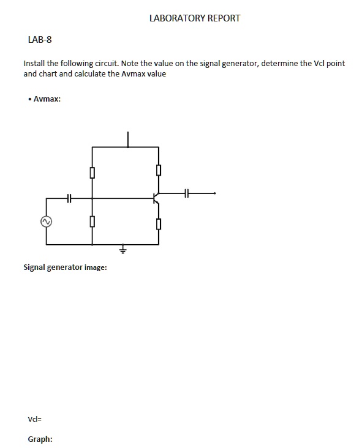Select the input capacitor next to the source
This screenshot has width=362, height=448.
(x=69, y=198)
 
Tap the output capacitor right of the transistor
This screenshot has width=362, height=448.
(x=187, y=193)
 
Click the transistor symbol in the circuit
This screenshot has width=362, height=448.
(x=156, y=198)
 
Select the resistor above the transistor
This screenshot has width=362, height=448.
(x=159, y=170)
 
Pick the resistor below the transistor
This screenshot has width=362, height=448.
(x=159, y=224)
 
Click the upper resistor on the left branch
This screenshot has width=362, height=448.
(x=92, y=173)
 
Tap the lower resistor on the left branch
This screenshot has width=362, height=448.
(x=92, y=221)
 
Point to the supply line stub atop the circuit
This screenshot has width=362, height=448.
(x=128, y=139)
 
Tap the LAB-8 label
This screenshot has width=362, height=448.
(x=40, y=40)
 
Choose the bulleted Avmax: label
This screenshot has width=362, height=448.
(x=47, y=99)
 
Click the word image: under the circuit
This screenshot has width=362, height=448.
(x=96, y=267)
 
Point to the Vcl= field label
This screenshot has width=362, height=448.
(x=34, y=419)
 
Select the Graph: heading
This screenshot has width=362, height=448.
(x=40, y=439)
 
